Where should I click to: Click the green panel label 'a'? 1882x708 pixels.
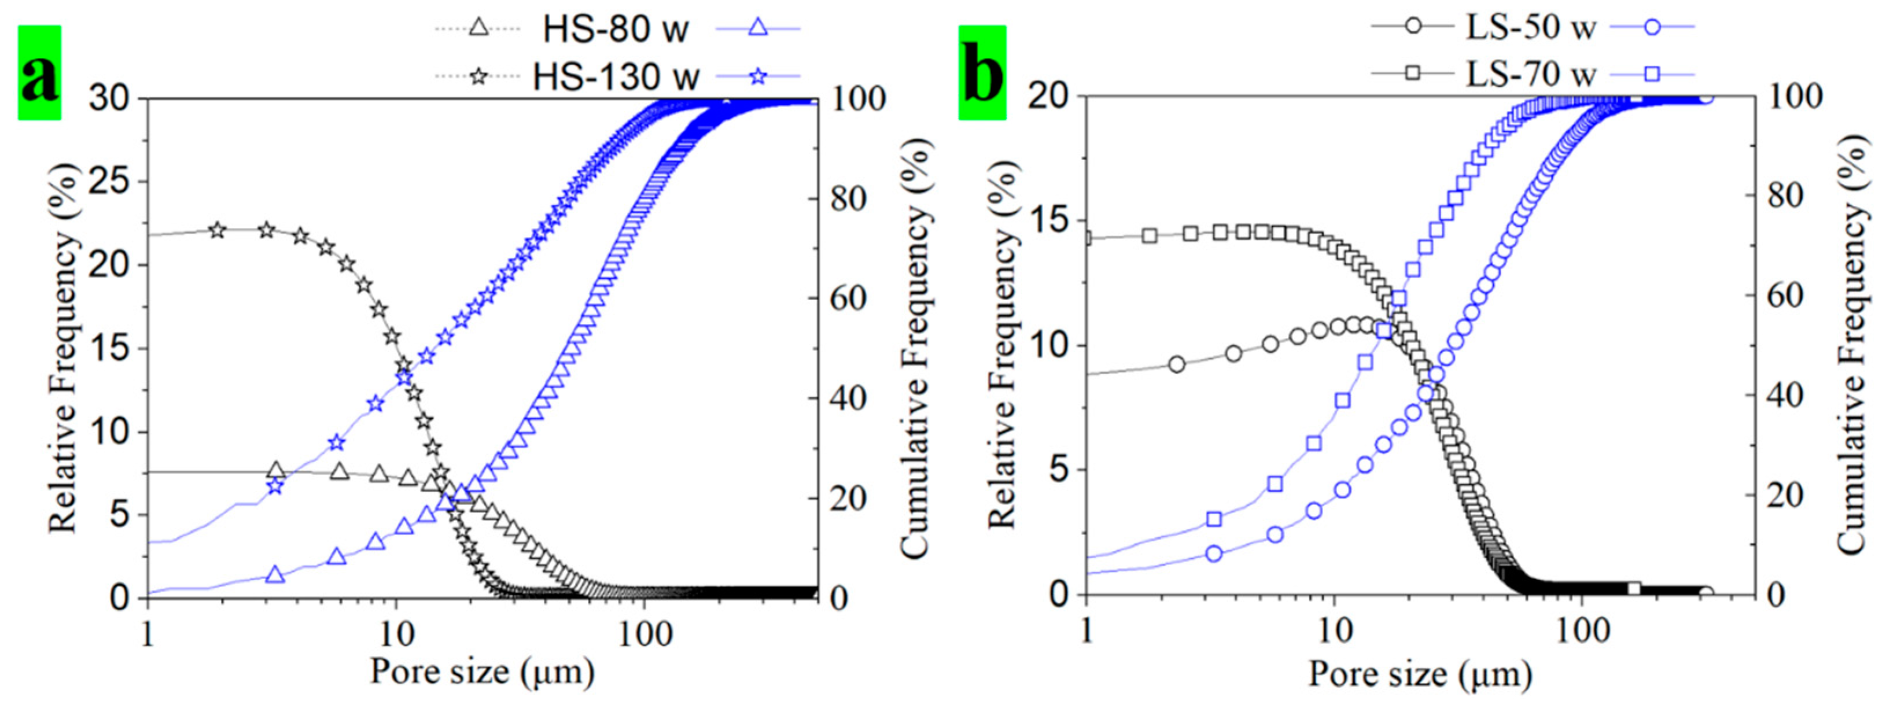(x=39, y=73)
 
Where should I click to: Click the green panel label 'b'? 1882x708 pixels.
(x=982, y=73)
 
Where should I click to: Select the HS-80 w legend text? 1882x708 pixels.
(x=615, y=30)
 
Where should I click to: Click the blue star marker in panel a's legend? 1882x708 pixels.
(x=758, y=76)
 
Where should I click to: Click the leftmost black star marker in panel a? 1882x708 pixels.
(x=217, y=230)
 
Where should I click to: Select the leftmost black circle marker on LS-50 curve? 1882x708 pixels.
(x=1176, y=364)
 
